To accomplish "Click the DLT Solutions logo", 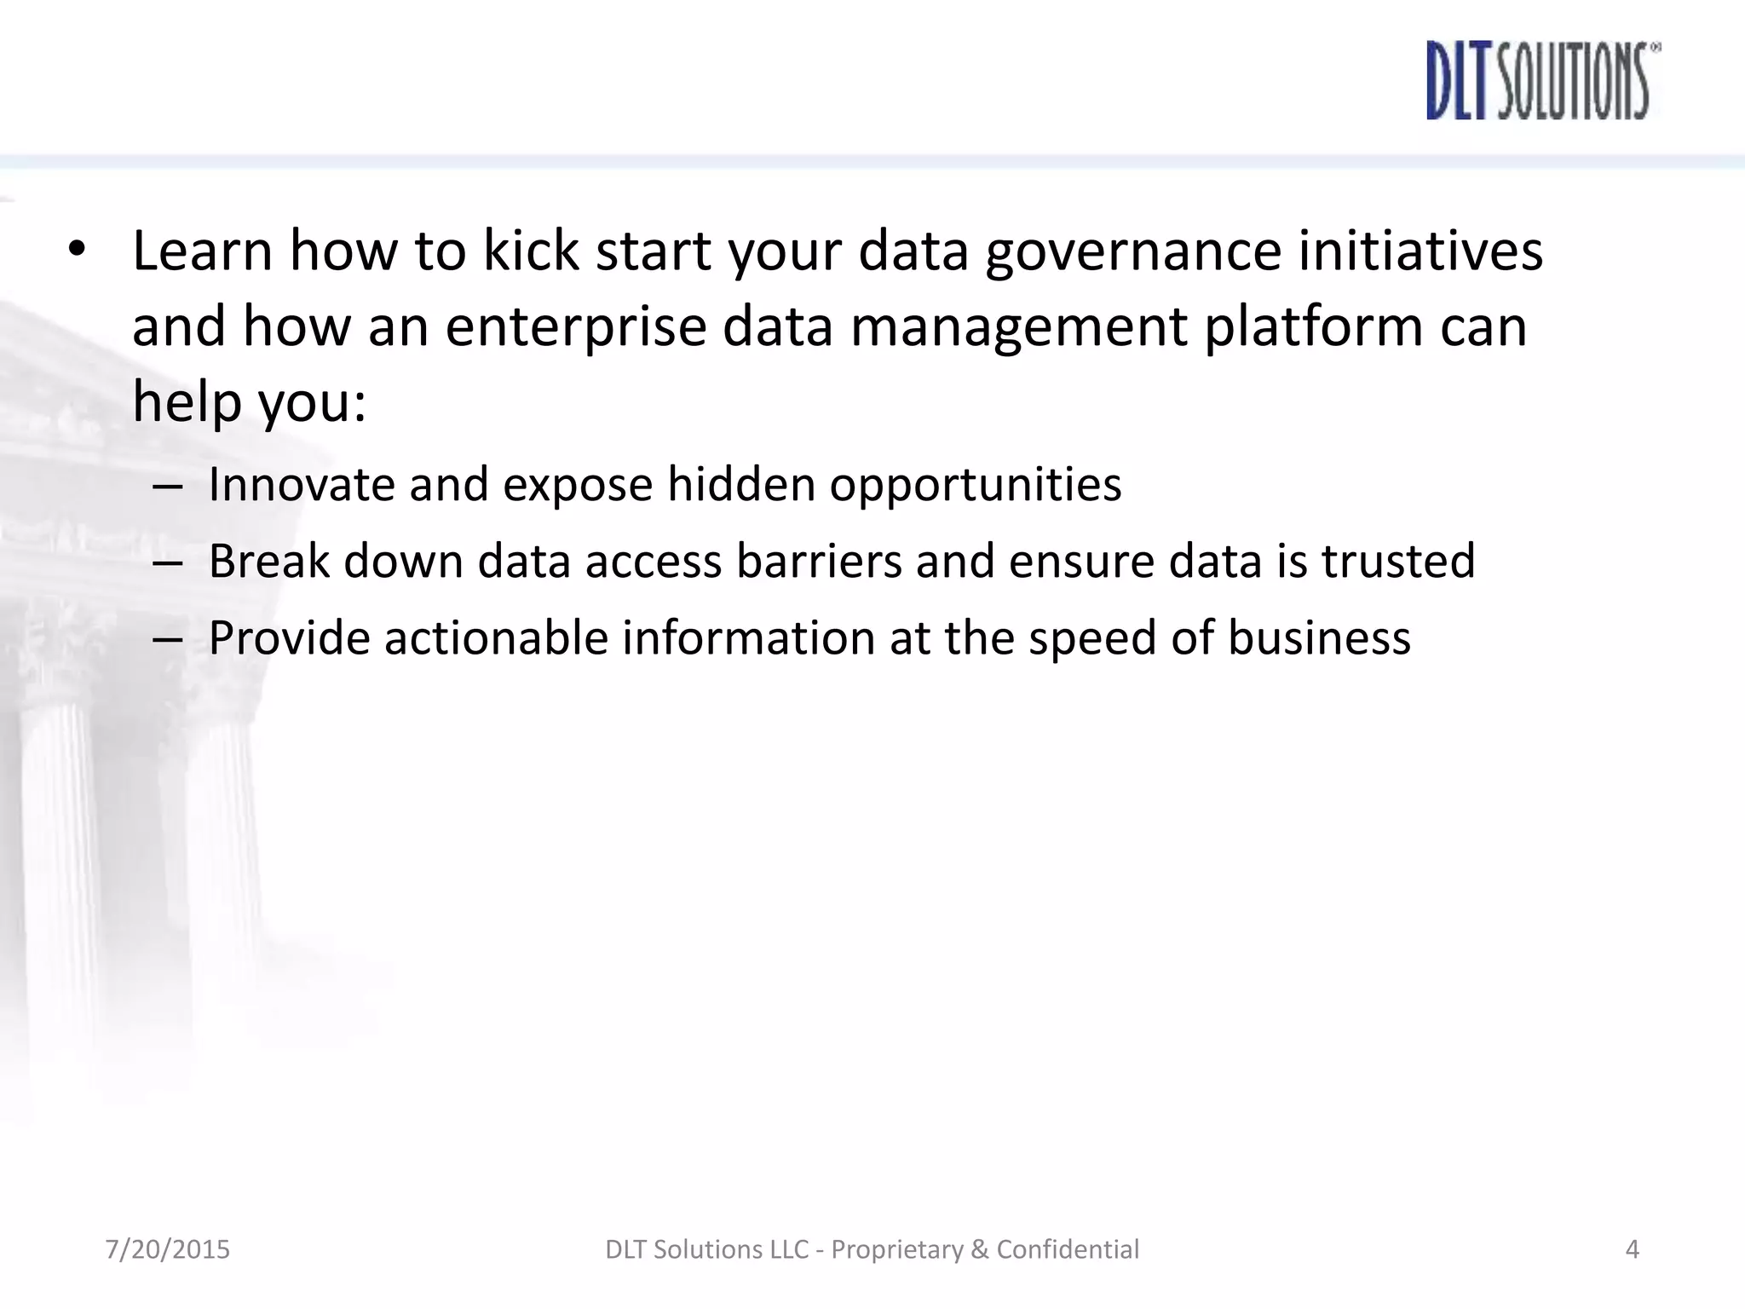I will pos(1542,81).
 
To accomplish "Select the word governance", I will pos(1133,252).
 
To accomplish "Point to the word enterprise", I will pos(576,328).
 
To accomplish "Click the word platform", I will pos(1312,328).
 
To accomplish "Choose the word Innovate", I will pos(302,484).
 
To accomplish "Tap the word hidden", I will pos(741,484).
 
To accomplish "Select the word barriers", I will pos(819,561).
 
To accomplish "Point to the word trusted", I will pos(1398,561).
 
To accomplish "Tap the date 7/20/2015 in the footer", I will pos(168,1249).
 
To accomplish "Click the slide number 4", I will pos(1633,1249).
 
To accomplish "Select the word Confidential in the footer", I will pos(1068,1249).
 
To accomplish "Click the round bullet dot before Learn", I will pos(77,250).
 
